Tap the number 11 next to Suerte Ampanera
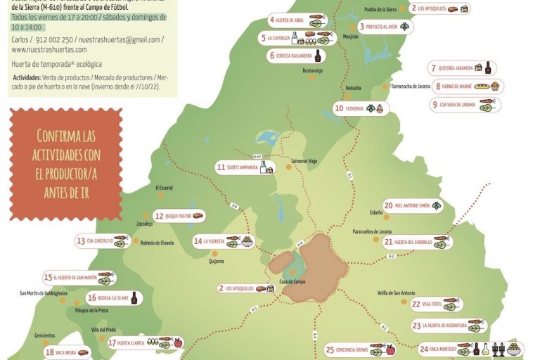(x=221, y=167)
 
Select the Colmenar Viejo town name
(x=304, y=161)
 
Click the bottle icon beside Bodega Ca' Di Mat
(x=134, y=298)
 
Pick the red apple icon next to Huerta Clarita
(x=177, y=343)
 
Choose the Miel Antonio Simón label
(x=411, y=205)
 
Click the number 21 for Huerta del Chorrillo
(x=388, y=242)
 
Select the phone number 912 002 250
(x=53, y=39)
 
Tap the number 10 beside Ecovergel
(x=339, y=108)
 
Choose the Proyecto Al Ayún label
(x=382, y=27)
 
